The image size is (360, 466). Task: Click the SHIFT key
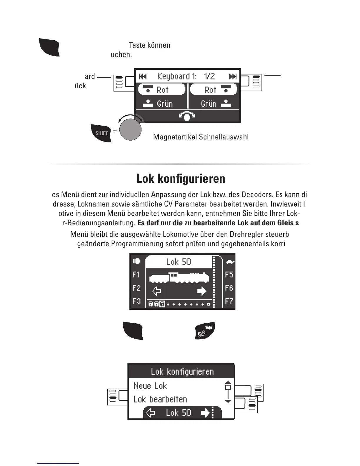[x=101, y=133]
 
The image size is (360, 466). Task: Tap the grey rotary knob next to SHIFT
[x=130, y=130]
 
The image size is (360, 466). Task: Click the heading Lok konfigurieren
[x=181, y=179]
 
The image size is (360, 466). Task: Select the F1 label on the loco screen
[x=136, y=274]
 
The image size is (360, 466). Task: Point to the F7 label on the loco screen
[x=229, y=301]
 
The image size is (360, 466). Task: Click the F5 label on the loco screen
[x=229, y=274]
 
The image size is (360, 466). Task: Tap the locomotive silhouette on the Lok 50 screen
[x=179, y=278]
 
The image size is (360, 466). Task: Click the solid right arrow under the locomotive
[x=202, y=291]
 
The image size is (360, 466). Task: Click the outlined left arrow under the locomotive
[x=157, y=291]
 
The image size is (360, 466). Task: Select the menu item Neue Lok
[x=150, y=386]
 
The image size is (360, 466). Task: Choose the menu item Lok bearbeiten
[x=160, y=399]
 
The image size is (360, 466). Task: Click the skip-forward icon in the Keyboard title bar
[x=233, y=76]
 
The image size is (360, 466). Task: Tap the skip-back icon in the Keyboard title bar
[x=143, y=76]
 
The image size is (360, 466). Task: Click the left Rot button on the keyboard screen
[x=162, y=89]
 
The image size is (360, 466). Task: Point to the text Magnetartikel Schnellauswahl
[x=201, y=137]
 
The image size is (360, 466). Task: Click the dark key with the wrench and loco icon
[x=205, y=331]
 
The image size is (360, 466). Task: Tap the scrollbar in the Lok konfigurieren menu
[x=228, y=392]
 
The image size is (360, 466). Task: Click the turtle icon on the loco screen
[x=230, y=261]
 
